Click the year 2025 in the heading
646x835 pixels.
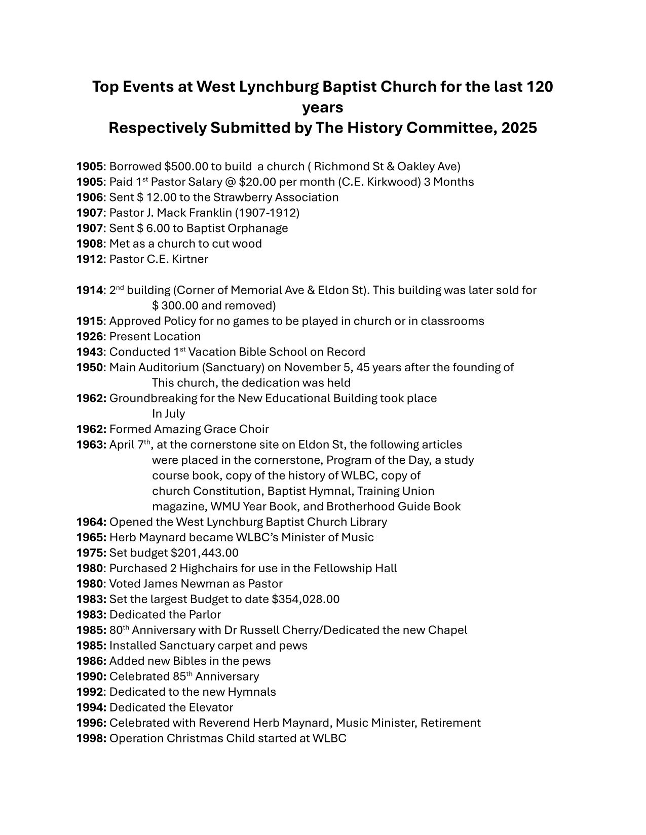(x=519, y=128)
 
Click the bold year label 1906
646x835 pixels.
(x=90, y=197)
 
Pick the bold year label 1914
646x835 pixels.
(x=90, y=290)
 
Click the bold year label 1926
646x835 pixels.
(x=90, y=337)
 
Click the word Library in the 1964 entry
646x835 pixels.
(x=368, y=522)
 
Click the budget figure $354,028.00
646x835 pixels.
(x=306, y=600)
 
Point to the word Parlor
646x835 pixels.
(x=205, y=615)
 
